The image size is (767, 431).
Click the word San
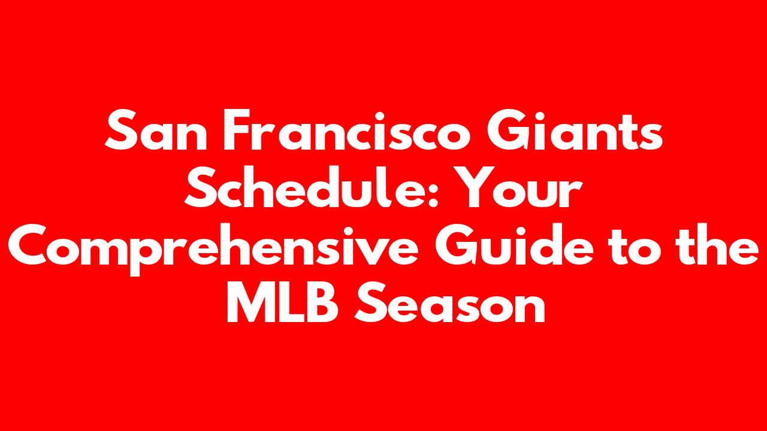tap(156, 130)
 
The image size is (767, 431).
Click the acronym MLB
tap(283, 302)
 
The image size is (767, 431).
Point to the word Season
tap(450, 302)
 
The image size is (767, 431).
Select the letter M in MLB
tap(250, 302)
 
